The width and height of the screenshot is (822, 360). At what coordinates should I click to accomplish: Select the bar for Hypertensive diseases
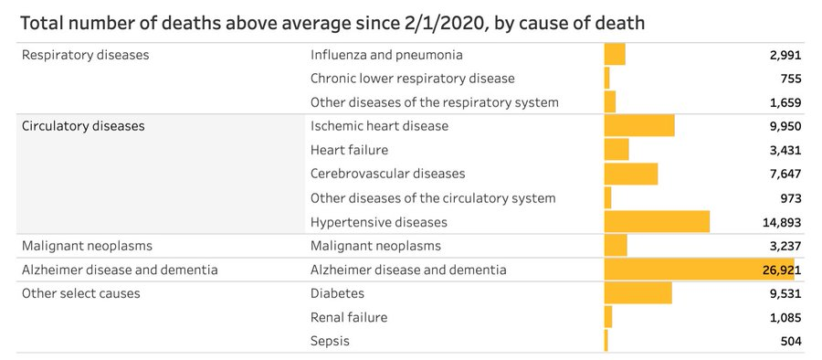(x=657, y=222)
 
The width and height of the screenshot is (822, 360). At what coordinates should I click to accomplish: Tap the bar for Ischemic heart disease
(x=639, y=126)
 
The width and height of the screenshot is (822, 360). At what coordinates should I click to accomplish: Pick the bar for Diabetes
(x=638, y=293)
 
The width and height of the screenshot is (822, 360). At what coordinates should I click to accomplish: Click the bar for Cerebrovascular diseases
(x=631, y=174)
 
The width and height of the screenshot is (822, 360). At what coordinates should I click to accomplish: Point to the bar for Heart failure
(x=616, y=150)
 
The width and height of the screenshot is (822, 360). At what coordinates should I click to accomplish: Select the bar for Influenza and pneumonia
(x=615, y=55)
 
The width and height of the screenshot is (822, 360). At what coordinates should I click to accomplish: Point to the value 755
(x=790, y=79)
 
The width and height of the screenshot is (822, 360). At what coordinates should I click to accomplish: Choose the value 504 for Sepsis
(x=790, y=341)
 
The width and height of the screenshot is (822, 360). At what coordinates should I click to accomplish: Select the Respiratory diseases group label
(x=85, y=55)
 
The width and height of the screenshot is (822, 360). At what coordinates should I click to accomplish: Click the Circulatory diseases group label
(x=83, y=126)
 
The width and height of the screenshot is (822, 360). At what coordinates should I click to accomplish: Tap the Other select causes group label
(x=80, y=293)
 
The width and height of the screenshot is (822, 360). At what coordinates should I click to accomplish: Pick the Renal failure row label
(x=349, y=317)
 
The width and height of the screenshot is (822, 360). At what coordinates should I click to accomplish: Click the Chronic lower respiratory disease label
(x=412, y=79)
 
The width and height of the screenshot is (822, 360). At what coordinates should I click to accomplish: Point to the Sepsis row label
(x=330, y=341)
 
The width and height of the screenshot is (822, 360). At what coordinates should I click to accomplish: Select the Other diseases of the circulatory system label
(x=433, y=197)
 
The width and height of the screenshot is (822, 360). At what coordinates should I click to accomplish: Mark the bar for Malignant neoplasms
(x=616, y=246)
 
